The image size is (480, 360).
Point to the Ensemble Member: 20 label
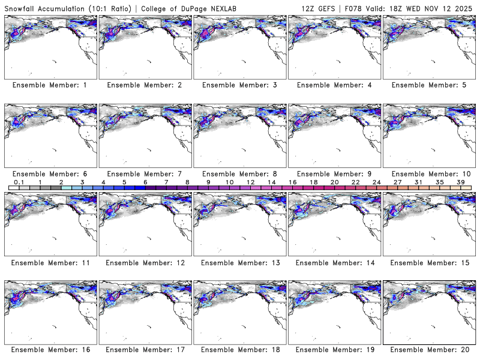point(430,350)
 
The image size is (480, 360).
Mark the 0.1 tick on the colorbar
point(19,182)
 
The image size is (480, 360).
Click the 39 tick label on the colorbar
point(461,182)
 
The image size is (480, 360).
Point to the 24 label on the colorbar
point(376,182)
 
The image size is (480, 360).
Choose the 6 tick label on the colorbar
point(145,182)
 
